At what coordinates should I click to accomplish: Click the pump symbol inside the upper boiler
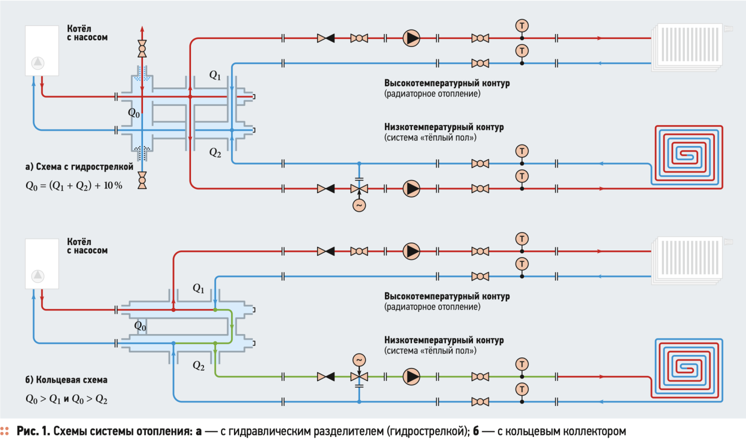click(38, 63)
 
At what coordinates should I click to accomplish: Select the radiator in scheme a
click(688, 45)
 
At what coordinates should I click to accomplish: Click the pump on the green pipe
click(411, 376)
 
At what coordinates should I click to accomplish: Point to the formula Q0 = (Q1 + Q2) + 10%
click(74, 185)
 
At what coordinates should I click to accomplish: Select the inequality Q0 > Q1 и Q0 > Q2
click(66, 399)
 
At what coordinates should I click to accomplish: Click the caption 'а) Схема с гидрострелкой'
click(79, 166)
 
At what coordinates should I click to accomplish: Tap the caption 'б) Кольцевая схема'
click(66, 379)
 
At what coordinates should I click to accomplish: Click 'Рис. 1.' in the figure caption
click(33, 431)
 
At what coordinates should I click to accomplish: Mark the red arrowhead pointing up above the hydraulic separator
click(142, 29)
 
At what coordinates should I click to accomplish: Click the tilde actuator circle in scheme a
click(359, 205)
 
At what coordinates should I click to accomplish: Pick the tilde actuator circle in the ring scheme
click(359, 359)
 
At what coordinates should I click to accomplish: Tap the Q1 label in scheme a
click(215, 75)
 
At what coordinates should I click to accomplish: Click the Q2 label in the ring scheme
click(198, 366)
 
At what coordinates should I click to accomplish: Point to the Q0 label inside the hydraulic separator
click(134, 113)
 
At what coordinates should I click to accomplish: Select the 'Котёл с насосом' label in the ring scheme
click(87, 246)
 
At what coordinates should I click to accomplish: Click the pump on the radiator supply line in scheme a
click(411, 38)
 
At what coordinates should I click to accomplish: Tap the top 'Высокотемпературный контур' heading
click(447, 83)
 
